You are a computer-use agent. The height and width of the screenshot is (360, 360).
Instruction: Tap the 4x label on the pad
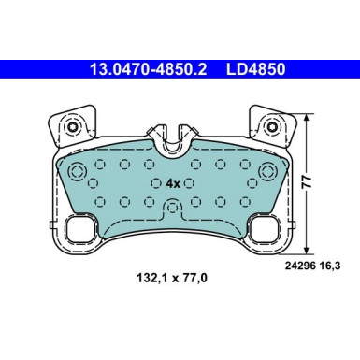point(173,183)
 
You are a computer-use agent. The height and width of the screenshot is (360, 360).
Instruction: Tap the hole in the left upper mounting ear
point(72,127)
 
